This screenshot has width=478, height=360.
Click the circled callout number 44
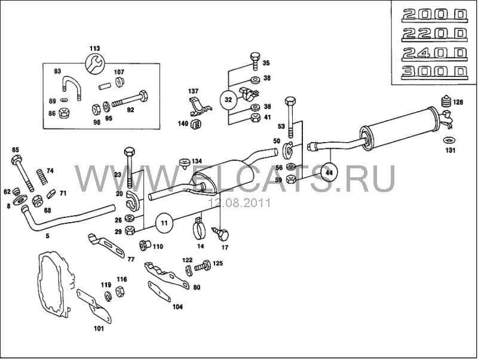(328, 172)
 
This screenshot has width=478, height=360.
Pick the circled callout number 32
(228, 100)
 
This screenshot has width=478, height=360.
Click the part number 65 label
(16, 150)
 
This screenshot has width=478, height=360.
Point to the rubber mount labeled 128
(443, 101)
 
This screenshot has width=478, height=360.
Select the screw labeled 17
(223, 232)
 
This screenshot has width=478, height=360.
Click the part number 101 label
(99, 328)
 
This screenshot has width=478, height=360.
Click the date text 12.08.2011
(239, 203)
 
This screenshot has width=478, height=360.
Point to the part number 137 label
(193, 91)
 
